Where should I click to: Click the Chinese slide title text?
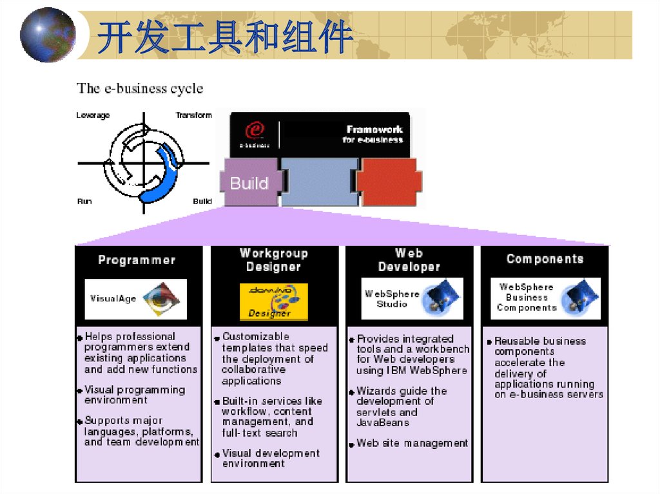click(225, 37)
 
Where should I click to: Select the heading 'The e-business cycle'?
click(140, 88)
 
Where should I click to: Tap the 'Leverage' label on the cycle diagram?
click(93, 115)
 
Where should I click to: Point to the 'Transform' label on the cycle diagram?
click(193, 115)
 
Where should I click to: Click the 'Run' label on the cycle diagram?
click(84, 202)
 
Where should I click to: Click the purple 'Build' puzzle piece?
click(250, 183)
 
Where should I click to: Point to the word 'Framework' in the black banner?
click(374, 129)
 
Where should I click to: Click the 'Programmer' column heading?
click(137, 260)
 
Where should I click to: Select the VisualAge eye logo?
click(159, 299)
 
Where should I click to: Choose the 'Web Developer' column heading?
click(409, 260)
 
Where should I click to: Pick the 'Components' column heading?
click(545, 259)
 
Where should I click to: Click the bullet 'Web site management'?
click(412, 443)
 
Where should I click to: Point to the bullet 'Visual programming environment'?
click(134, 395)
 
